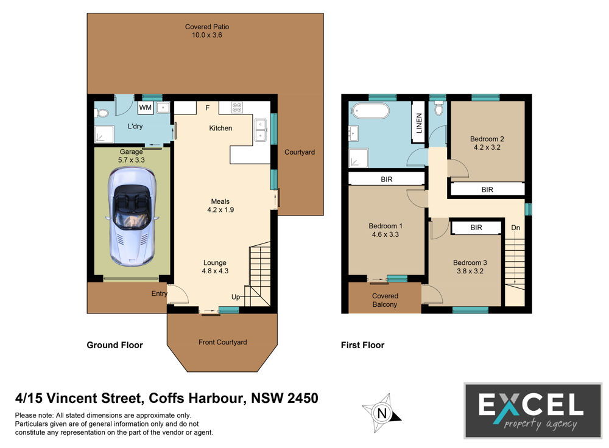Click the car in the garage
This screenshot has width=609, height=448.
132,217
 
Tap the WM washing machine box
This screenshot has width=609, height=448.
146,108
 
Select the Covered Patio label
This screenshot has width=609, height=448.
207,27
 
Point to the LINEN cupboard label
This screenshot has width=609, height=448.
419,123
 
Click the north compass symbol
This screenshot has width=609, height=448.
381,413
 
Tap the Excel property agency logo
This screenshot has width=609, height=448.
532,411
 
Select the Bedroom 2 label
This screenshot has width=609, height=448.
487,139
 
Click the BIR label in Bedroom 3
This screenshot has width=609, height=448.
476,228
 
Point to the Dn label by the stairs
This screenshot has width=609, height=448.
515,228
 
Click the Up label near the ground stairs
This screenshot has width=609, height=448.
236,297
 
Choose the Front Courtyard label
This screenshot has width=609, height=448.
222,342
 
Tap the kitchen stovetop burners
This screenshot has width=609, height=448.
237,107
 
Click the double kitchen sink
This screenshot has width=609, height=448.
260,130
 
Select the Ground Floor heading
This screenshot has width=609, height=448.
114,345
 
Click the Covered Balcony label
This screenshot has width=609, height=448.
385,300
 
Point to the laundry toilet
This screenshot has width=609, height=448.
101,113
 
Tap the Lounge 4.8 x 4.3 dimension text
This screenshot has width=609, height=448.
215,271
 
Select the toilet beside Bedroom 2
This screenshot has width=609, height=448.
438,108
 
